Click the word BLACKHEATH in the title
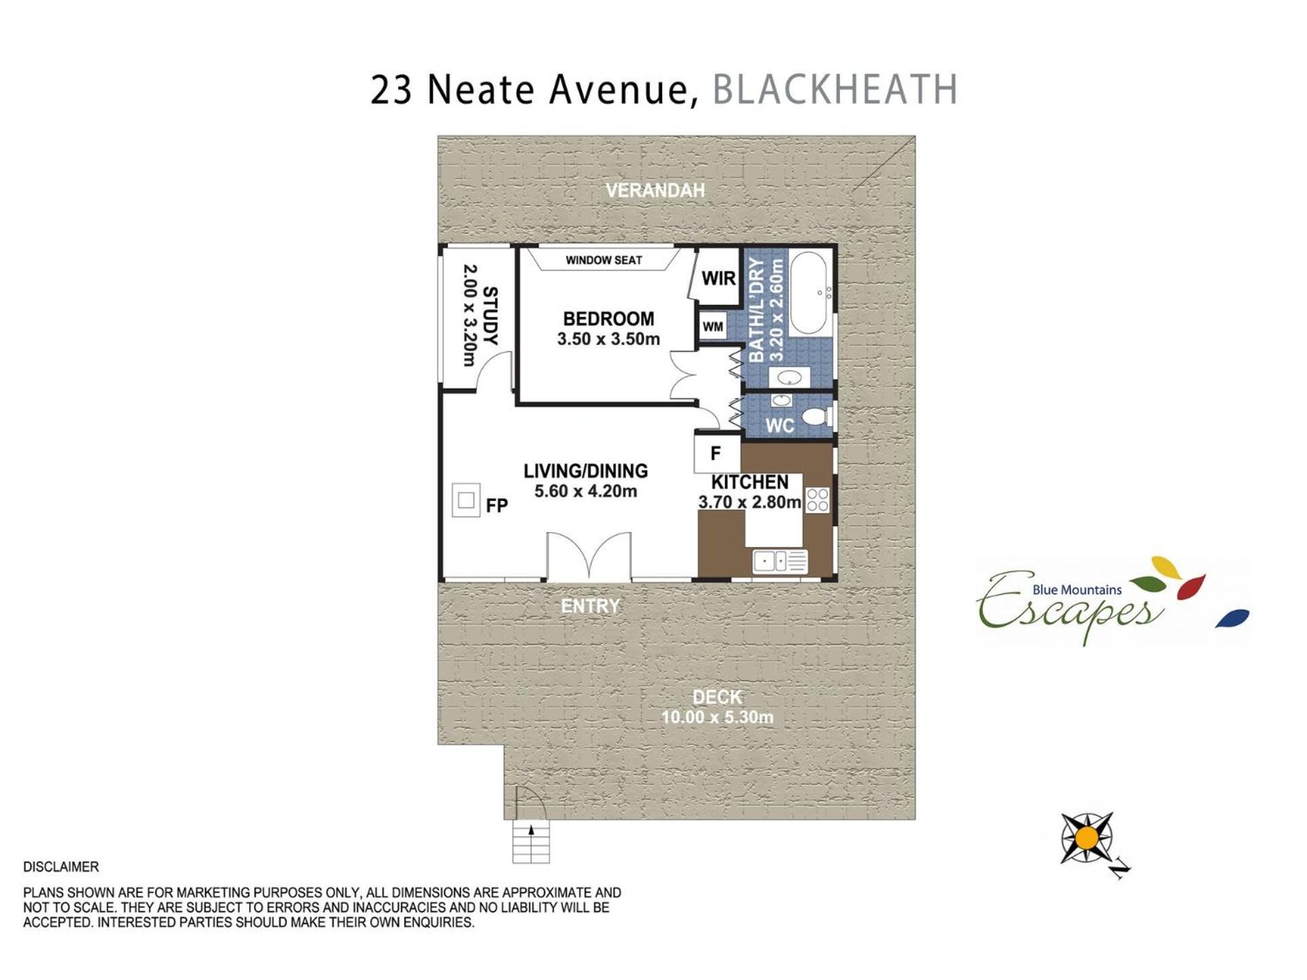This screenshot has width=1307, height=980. [835, 89]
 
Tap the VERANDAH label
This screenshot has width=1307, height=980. [655, 191]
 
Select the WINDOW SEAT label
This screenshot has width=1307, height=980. [604, 260]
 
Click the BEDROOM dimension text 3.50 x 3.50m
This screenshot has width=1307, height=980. [609, 339]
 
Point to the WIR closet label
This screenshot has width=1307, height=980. [719, 278]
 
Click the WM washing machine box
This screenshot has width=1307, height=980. [713, 327]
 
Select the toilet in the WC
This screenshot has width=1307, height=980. [816, 415]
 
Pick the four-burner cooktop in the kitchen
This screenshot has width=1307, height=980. [818, 500]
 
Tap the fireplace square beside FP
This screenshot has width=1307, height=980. [466, 500]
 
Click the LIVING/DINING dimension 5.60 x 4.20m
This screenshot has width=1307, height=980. [585, 491]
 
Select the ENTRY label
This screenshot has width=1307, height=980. [590, 606]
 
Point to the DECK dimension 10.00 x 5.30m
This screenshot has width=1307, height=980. [717, 717]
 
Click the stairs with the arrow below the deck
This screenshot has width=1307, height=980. [531, 842]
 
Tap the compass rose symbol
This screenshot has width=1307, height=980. [1087, 838]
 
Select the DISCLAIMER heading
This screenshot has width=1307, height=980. [61, 867]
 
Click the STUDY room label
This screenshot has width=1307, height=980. [490, 316]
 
